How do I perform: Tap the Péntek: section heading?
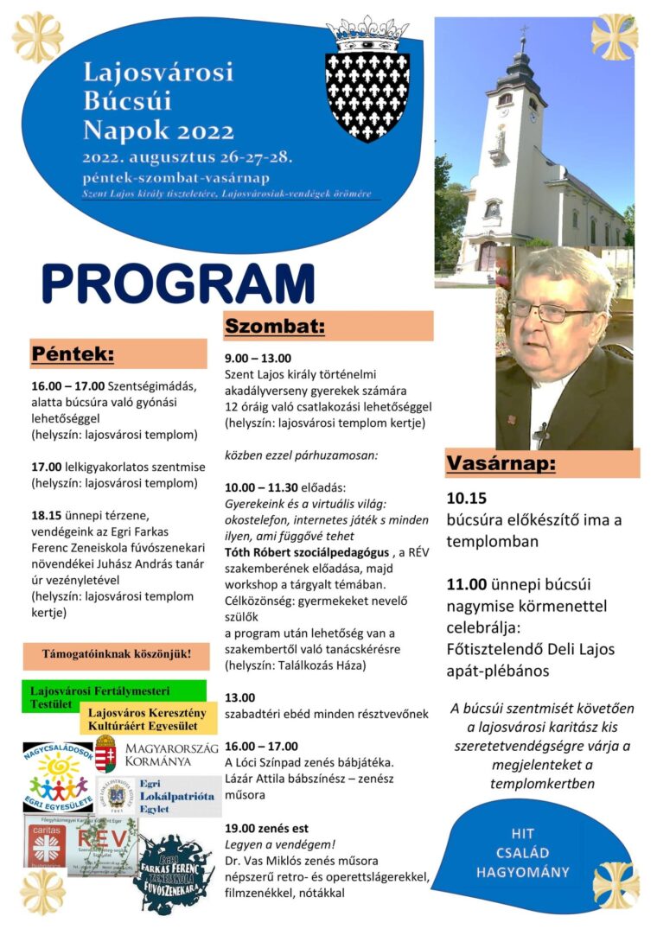point(73,353)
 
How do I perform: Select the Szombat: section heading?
point(275,326)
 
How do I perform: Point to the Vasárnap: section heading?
point(501,463)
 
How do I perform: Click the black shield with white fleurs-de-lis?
point(367,96)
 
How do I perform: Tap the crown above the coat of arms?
point(367,34)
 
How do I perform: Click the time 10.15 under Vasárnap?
point(467,499)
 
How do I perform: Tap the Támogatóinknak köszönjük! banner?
point(116,654)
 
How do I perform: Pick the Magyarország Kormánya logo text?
point(171,754)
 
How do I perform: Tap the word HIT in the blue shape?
point(522,834)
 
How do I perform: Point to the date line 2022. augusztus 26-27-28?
point(188,157)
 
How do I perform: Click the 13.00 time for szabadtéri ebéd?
point(239,697)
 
